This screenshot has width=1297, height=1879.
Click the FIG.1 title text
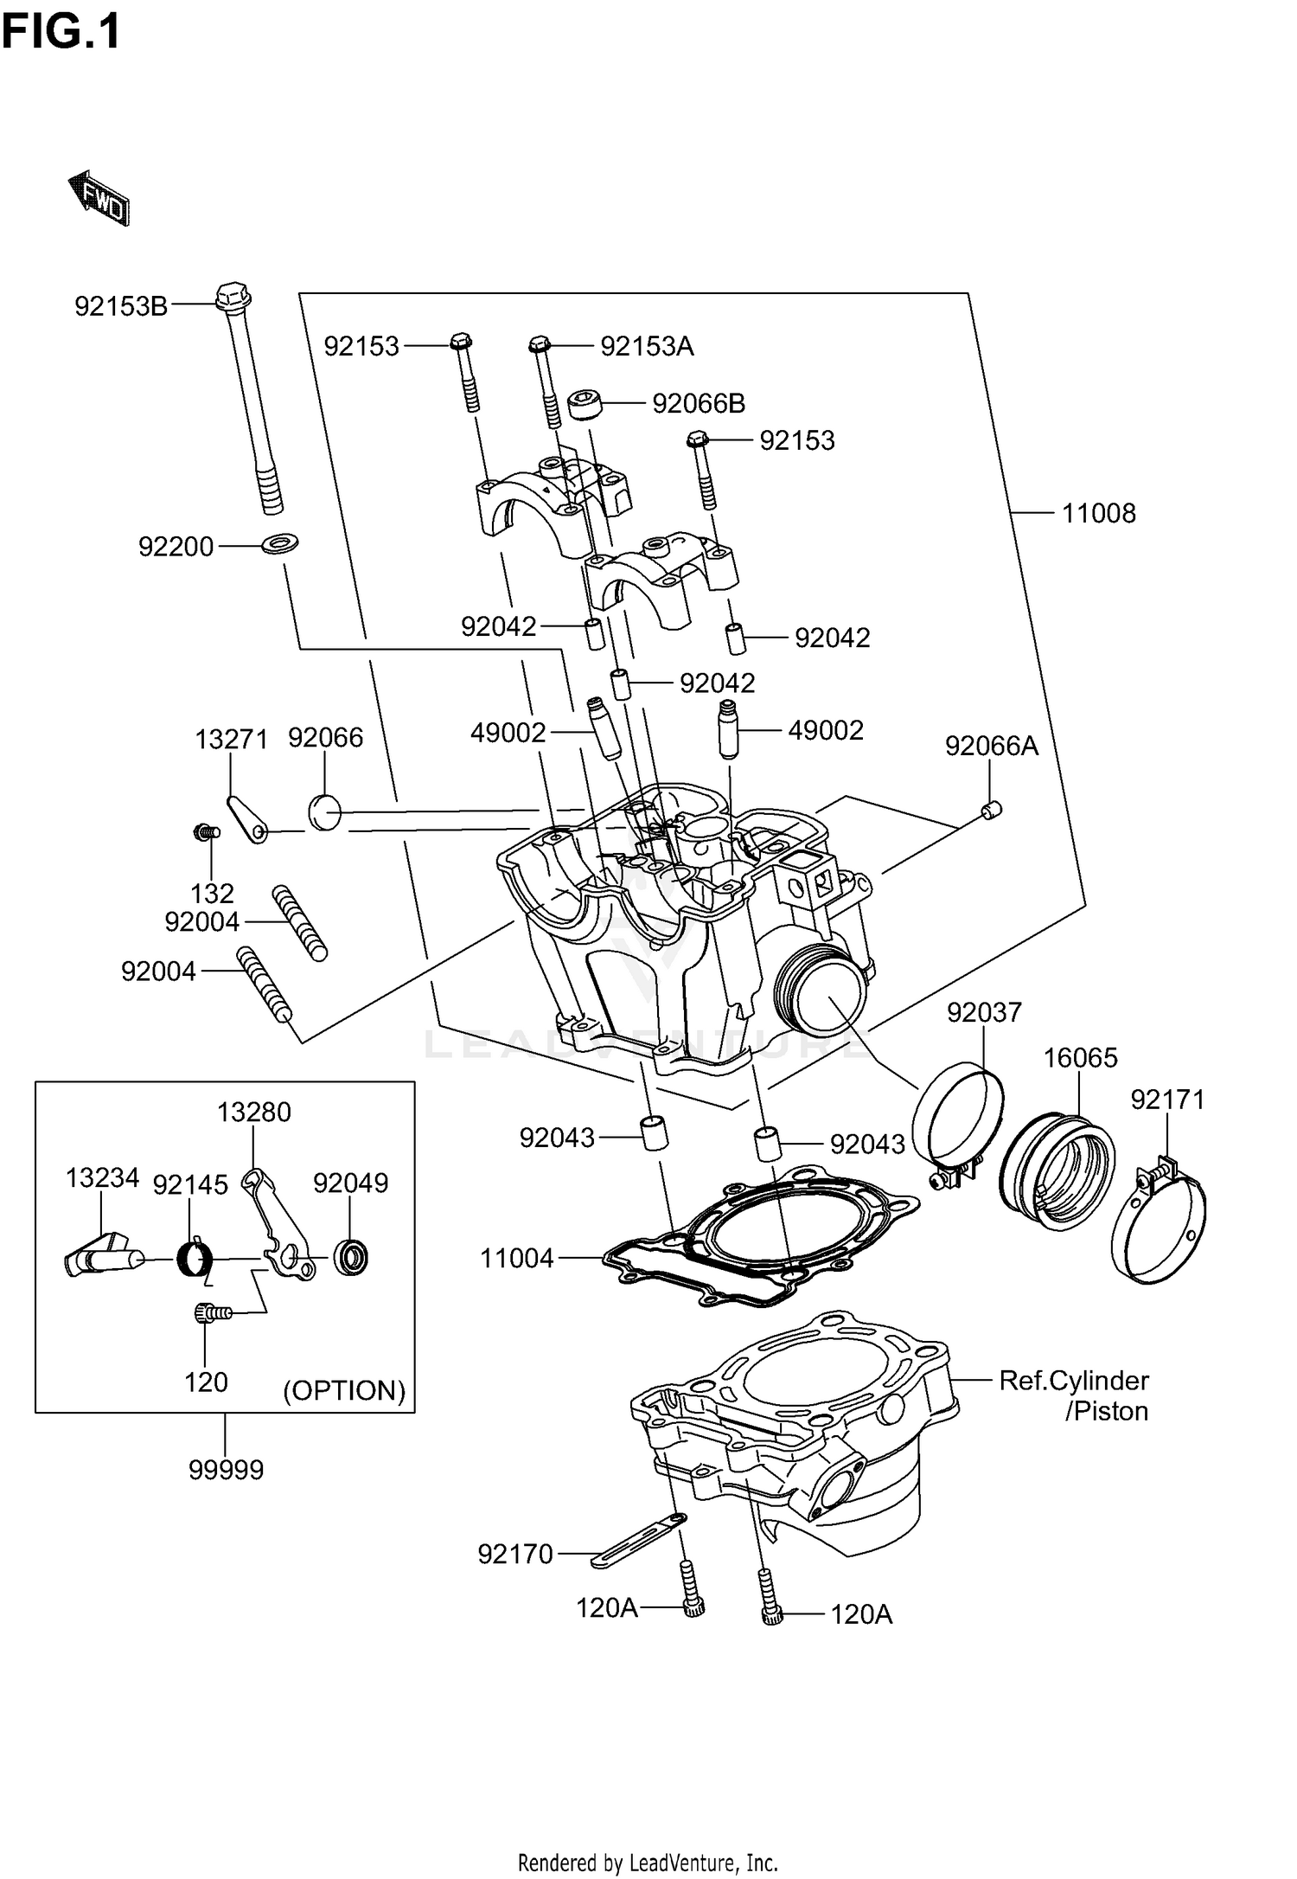[x=61, y=32]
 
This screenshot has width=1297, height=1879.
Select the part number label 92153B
[x=120, y=306]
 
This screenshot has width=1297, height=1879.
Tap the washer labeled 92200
[x=278, y=544]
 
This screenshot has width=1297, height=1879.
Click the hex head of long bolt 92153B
[x=232, y=297]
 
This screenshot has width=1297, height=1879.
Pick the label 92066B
[x=698, y=404]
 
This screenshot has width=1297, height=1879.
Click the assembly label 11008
[x=1098, y=513]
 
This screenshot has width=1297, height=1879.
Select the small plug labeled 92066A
[x=992, y=810]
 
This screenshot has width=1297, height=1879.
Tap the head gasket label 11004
[x=517, y=1258]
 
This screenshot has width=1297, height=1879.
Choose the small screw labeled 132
[x=205, y=832]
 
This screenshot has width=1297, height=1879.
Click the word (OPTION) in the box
[x=344, y=1390]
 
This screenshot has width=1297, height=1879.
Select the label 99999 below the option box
[x=226, y=1469]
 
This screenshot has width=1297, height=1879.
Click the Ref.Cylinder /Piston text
[x=1074, y=1395]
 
